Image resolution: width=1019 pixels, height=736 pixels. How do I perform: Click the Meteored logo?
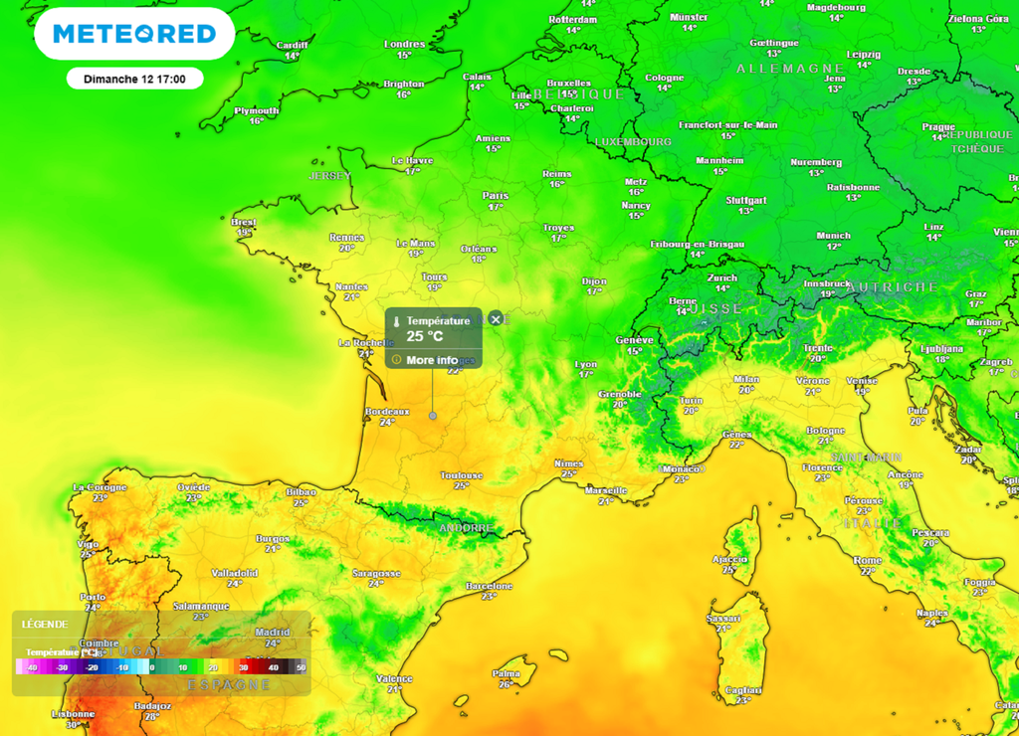[x=134, y=34]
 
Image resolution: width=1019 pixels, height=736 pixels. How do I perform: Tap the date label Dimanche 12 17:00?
[x=135, y=79]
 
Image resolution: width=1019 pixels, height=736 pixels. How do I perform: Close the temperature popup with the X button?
[x=496, y=319]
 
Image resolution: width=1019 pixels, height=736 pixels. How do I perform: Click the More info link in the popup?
[x=432, y=360]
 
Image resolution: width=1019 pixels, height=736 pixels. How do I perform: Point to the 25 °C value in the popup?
[x=425, y=336]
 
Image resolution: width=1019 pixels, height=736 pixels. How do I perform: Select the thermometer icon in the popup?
[x=396, y=322]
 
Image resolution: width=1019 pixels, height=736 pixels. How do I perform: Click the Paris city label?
[x=495, y=196]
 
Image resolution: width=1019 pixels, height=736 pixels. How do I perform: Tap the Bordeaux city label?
[x=387, y=411]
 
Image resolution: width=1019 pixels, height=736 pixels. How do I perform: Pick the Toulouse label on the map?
[x=462, y=475]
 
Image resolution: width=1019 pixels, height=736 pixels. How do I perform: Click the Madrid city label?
[x=272, y=633]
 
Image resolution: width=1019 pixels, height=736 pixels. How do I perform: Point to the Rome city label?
[x=868, y=561]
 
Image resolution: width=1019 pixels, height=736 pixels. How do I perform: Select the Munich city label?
[x=833, y=236]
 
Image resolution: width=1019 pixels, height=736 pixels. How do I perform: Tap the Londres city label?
[x=404, y=44]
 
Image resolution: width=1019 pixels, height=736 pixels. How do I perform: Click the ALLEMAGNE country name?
[x=790, y=69]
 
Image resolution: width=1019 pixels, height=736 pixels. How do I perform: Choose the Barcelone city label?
[x=490, y=586]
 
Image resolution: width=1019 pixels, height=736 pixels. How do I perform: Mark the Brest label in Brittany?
[x=244, y=222]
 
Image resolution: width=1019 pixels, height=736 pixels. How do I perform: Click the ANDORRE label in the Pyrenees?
[x=466, y=528]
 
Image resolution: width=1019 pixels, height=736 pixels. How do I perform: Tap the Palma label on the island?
[x=507, y=673]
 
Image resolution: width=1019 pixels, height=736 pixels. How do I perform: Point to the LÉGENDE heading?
[x=45, y=625]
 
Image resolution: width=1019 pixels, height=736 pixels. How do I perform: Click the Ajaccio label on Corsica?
[x=729, y=559]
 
